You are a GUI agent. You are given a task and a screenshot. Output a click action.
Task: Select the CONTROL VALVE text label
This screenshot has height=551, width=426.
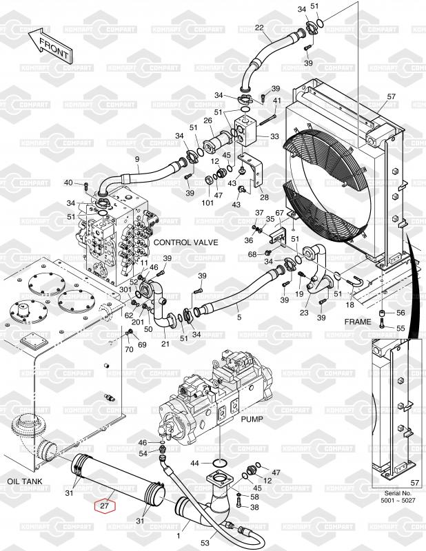pyautogui.click(x=185, y=242)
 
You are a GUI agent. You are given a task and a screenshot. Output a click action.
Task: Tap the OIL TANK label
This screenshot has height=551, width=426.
pyautogui.click(x=25, y=481)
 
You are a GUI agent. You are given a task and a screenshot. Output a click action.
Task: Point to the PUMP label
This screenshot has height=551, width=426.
pyautogui.click(x=252, y=419)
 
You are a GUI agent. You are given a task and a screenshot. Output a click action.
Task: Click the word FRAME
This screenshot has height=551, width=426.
pyautogui.click(x=358, y=322)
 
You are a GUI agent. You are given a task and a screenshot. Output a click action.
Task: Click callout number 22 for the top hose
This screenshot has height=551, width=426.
pyautogui.click(x=259, y=28)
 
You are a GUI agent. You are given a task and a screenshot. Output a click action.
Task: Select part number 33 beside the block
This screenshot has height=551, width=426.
pyautogui.click(x=274, y=136)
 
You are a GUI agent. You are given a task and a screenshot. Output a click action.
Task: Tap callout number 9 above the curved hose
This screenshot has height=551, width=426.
pyautogui.click(x=137, y=159)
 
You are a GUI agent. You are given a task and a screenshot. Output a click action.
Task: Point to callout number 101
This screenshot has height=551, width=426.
pyautogui.click(x=207, y=202)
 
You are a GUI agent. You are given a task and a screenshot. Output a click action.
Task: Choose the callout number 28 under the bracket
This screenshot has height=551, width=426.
pyautogui.click(x=264, y=197)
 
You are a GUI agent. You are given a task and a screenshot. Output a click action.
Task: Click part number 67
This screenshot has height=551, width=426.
pyautogui.click(x=279, y=213)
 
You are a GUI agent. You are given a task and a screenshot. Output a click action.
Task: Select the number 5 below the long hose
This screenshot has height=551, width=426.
pyautogui.click(x=239, y=318)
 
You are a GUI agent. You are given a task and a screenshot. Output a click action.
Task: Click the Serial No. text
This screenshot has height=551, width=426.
pyautogui.click(x=398, y=493)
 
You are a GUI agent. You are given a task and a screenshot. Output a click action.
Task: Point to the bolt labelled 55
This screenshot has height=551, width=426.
pyautogui.click(x=382, y=324)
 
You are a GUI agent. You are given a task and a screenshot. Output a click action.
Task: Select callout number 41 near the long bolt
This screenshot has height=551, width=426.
pyautogui.click(x=277, y=101)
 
